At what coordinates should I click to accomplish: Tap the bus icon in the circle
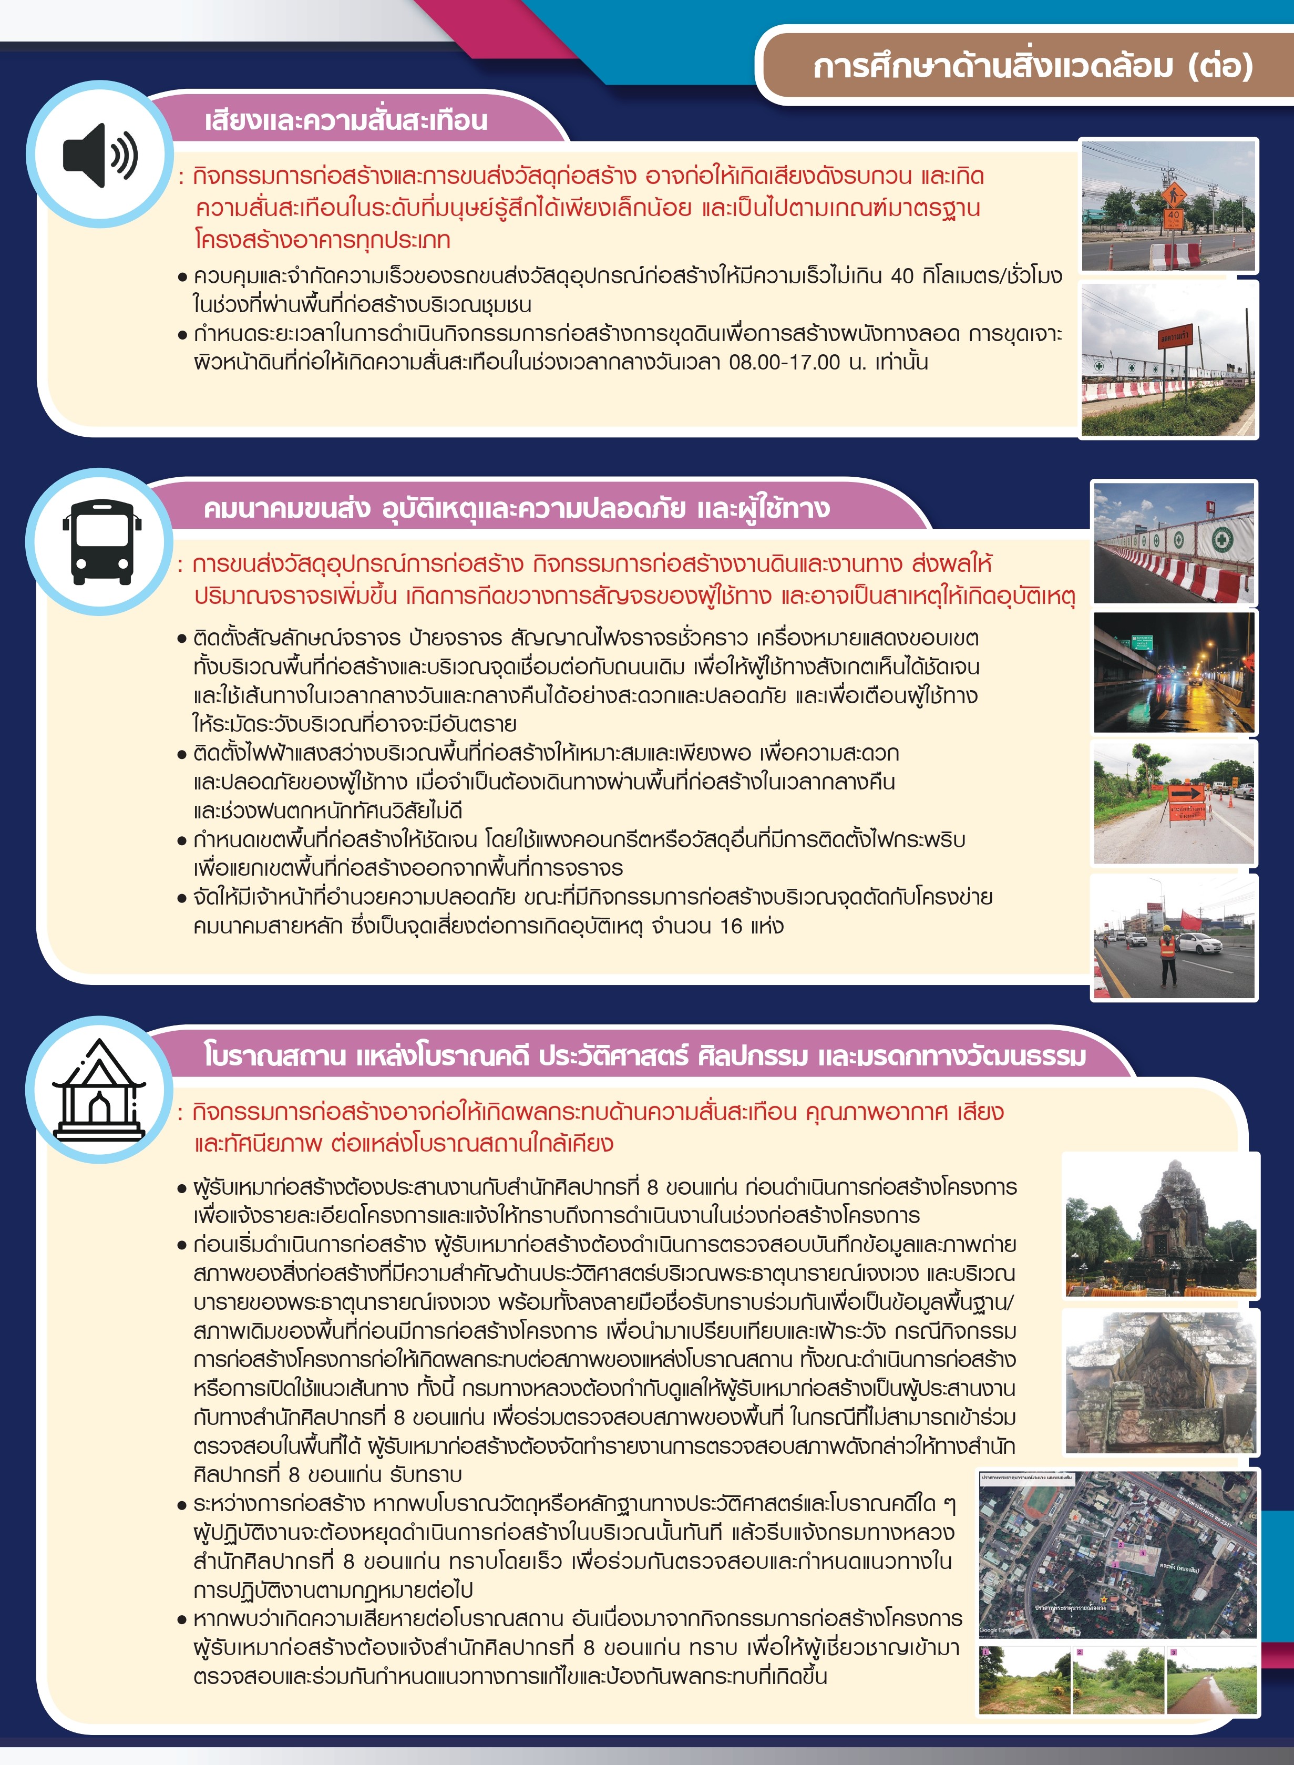[x=102, y=542]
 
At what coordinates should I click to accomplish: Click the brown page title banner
[x=1032, y=66]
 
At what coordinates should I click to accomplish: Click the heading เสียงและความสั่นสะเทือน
[x=345, y=121]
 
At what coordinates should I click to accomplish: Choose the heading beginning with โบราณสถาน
[x=644, y=1055]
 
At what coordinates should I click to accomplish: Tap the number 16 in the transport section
[x=731, y=926]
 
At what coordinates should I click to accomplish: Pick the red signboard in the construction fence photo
[x=1174, y=337]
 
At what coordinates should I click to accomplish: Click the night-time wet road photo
[x=1173, y=672]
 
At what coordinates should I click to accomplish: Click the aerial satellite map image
[x=1118, y=1554]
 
